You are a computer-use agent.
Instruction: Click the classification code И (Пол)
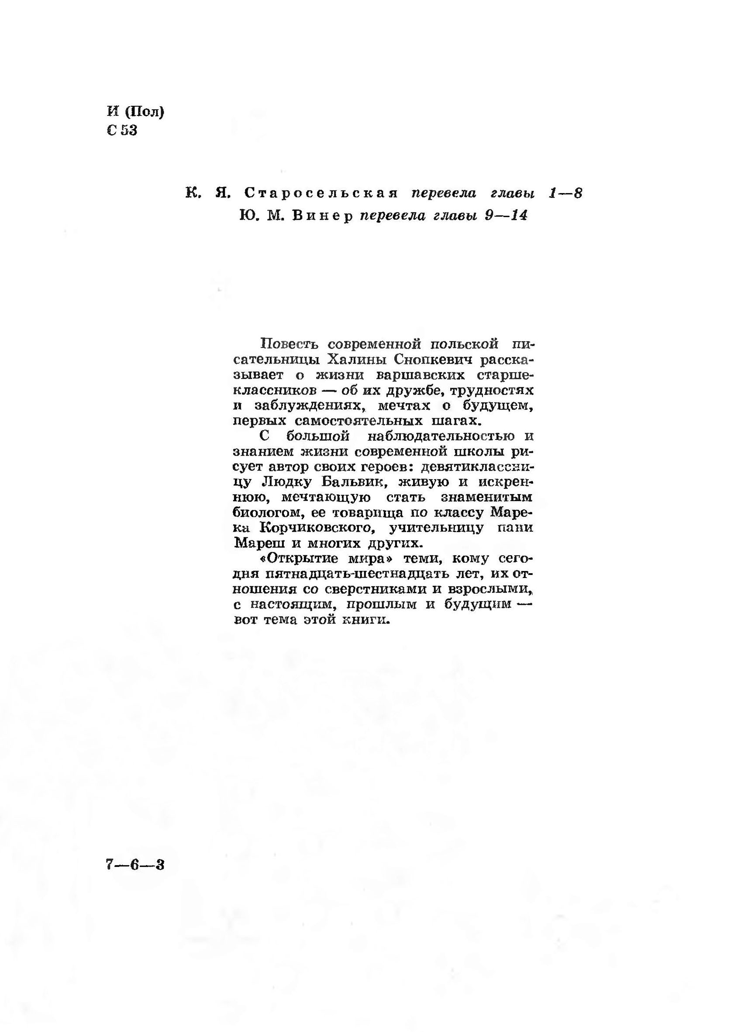pos(135,111)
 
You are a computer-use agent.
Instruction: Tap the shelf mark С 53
pos(122,131)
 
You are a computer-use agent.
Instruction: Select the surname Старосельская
pos(321,193)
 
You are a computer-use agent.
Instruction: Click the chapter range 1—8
pos(565,193)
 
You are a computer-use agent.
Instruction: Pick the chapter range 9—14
pos(506,216)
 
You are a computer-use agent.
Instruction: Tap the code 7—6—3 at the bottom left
pos(135,864)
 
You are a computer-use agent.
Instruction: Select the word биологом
pos(268,513)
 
